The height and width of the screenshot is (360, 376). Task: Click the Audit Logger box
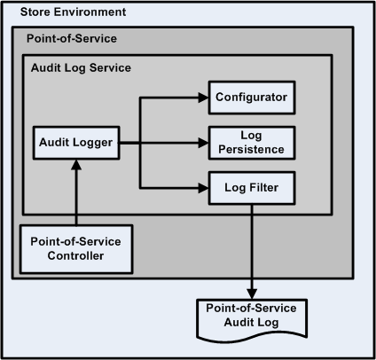coord(77,142)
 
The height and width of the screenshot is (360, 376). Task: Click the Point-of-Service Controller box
coord(75,248)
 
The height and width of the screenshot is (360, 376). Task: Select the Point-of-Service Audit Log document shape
coord(254,317)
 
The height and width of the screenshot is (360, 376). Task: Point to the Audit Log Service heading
coord(81,67)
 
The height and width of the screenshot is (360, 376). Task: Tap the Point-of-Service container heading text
coord(72,40)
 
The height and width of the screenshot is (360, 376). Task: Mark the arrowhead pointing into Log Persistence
coord(203,142)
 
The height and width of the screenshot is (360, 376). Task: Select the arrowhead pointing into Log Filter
coord(203,187)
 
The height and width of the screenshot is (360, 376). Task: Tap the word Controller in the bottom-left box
coord(75,256)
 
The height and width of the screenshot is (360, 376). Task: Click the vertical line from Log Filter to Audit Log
coord(254,248)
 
